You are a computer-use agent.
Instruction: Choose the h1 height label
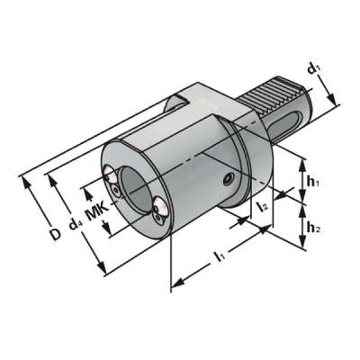[312, 181]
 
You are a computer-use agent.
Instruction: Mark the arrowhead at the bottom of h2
[299, 244]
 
